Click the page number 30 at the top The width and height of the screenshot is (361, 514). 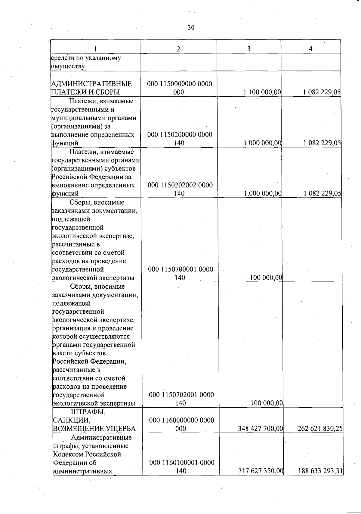[191, 28]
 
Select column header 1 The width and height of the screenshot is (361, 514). [95, 49]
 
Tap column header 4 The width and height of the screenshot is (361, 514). [310, 49]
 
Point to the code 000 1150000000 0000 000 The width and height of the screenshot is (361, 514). [179, 88]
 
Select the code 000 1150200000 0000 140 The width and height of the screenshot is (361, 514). [180, 139]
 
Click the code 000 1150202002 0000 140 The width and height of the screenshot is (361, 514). [180, 189]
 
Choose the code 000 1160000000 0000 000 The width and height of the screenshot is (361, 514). [181, 424]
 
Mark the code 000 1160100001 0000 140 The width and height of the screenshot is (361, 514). [181, 467]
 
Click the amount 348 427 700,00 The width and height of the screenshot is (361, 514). [261, 428]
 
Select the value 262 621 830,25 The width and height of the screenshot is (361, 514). [320, 428]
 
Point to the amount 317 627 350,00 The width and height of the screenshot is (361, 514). [261, 471]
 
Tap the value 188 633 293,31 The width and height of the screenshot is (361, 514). [321, 471]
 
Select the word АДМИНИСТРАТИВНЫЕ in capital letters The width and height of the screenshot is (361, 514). [91, 84]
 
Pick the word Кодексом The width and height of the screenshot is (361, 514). [68, 454]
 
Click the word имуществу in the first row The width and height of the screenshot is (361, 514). [68, 66]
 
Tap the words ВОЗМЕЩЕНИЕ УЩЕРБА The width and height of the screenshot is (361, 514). [94, 429]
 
